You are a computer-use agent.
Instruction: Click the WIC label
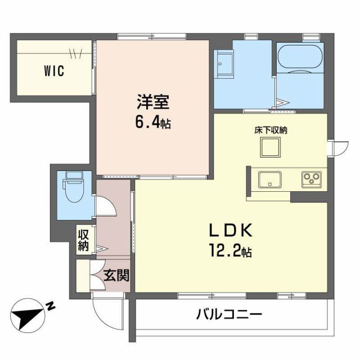coord(55,71)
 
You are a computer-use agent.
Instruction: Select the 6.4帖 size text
coord(152,123)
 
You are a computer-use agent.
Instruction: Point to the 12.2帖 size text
coord(231,251)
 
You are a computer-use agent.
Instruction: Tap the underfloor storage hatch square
coord(269,148)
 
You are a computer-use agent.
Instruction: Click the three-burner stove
coord(310,179)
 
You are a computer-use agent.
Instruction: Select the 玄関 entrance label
coord(116,276)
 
